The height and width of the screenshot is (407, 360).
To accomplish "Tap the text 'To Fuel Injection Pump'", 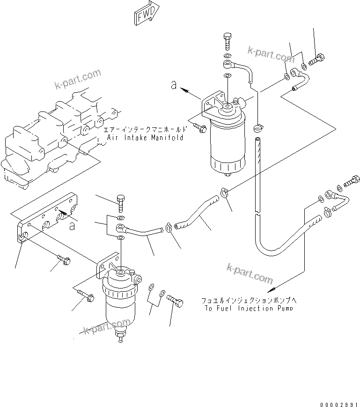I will point(249,308).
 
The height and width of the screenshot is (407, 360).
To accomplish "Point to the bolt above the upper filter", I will point(228,42).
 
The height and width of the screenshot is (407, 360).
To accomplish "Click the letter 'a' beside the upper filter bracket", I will point(174,85).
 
